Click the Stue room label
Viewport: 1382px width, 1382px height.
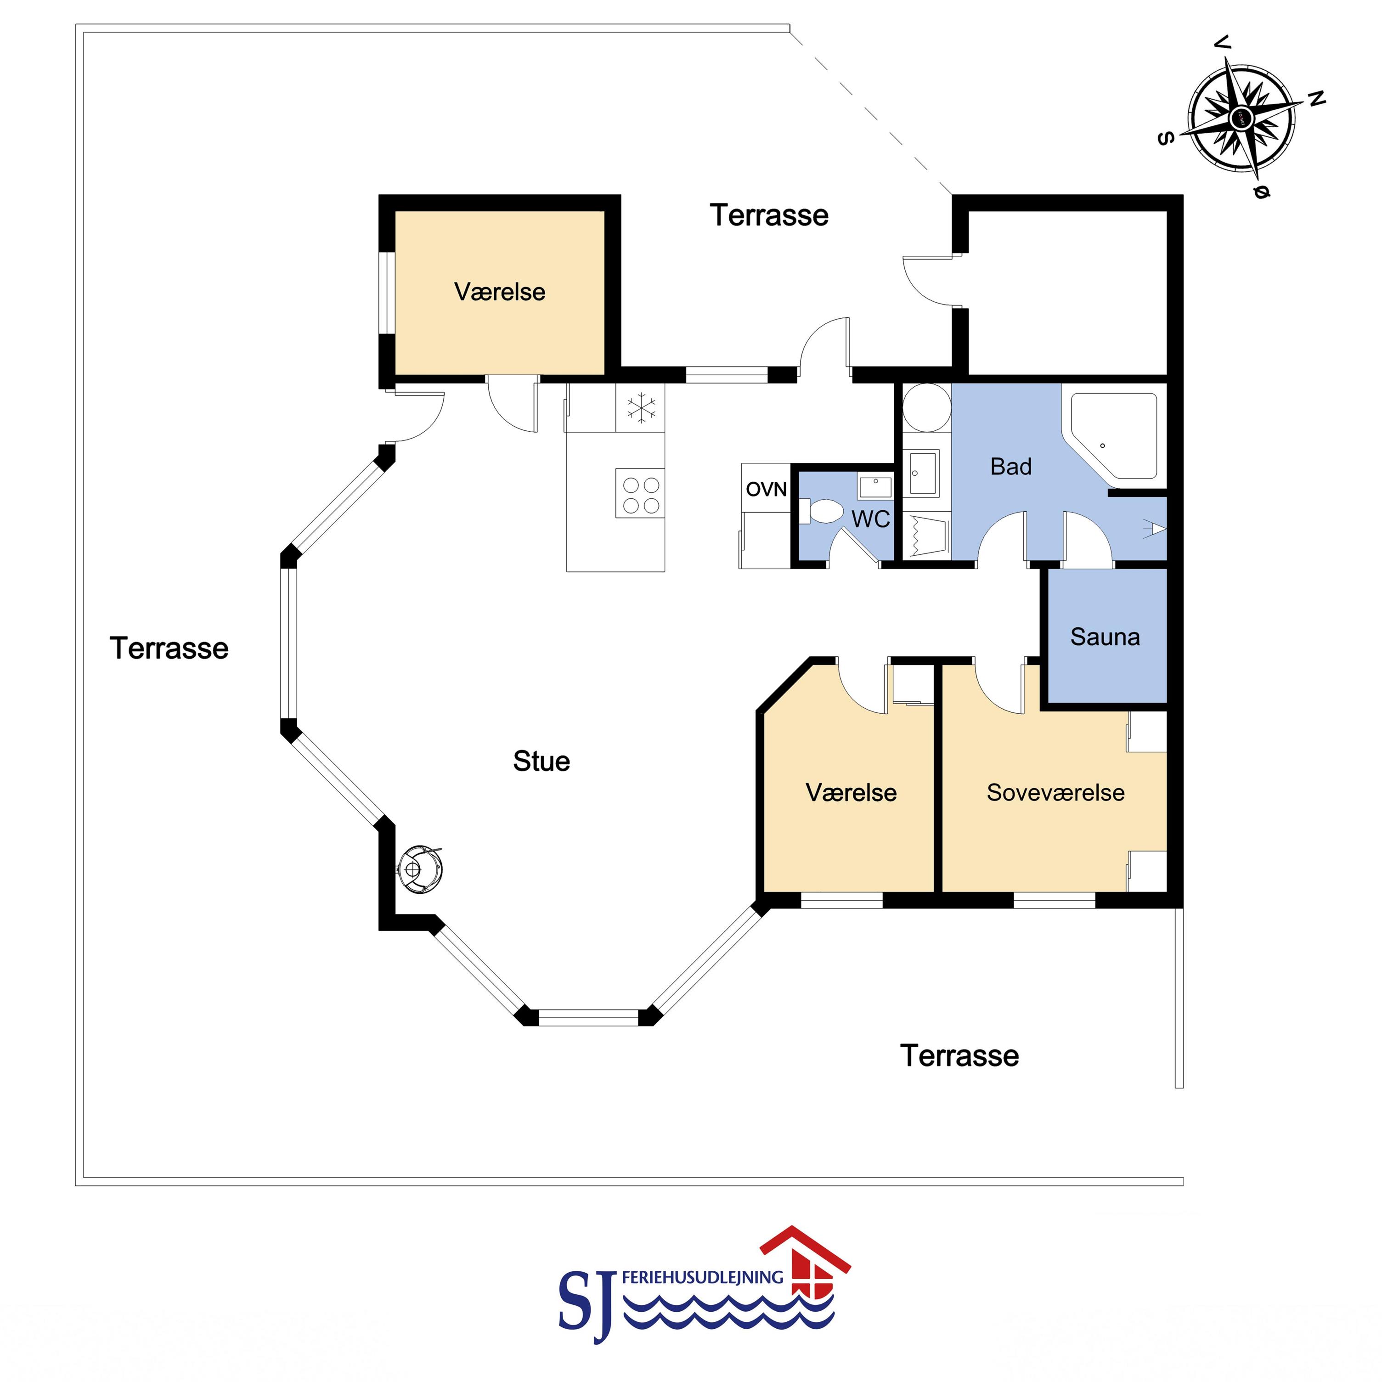tap(542, 761)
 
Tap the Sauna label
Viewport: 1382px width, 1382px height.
tap(1105, 637)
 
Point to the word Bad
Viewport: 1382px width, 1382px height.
tap(1011, 466)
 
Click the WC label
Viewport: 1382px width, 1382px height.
tap(870, 519)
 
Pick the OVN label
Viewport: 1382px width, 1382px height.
tap(766, 489)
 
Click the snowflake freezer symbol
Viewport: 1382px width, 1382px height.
tap(641, 408)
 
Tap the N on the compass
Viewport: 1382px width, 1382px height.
tap(1317, 99)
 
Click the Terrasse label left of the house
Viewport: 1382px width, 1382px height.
tap(169, 648)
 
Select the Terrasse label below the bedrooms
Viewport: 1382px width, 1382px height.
tap(959, 1056)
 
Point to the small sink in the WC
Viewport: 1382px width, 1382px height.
tap(875, 487)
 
